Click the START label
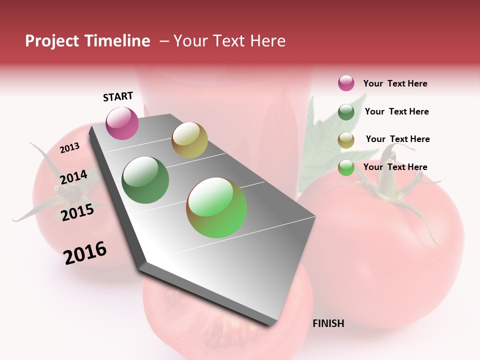tap(118, 96)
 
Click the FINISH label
tap(328, 323)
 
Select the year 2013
tap(69, 148)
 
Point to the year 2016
tap(85, 253)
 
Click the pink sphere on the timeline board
tap(122, 123)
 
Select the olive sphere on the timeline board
tap(189, 139)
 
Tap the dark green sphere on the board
tap(145, 180)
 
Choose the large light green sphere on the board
tap(216, 207)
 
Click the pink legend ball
tap(346, 83)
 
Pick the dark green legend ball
tap(346, 112)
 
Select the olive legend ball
tap(346, 140)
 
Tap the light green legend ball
tap(346, 167)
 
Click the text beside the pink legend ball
tap(395, 83)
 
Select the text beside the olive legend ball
tap(397, 139)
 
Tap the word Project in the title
tap(52, 41)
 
